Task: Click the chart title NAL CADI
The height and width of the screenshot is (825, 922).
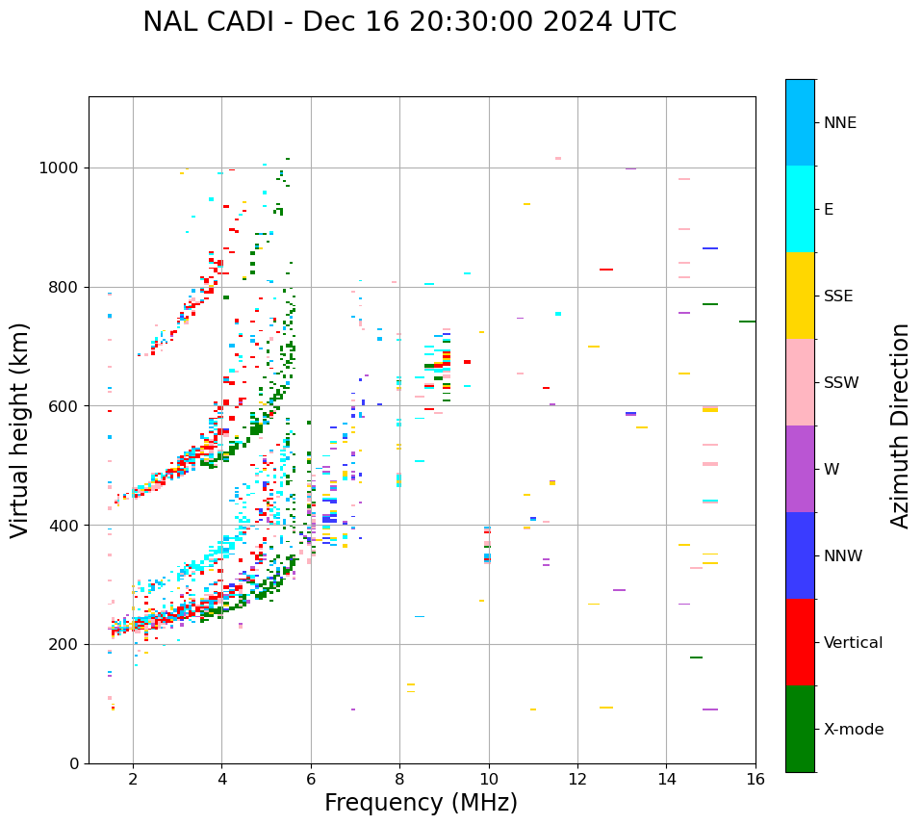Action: (x=409, y=22)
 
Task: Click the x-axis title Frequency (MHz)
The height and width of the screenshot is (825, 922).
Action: (x=421, y=803)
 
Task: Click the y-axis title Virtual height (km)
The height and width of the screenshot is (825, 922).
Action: (x=20, y=429)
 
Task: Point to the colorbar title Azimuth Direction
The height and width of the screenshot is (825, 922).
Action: (x=900, y=425)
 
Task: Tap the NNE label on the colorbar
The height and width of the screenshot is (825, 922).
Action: (x=840, y=123)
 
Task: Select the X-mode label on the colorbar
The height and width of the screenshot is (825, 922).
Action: (x=854, y=730)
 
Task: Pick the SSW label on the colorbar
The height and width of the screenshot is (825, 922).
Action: (x=841, y=383)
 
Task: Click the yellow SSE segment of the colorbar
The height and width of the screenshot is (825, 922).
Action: (x=800, y=296)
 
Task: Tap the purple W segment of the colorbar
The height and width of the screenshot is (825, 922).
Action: (x=800, y=469)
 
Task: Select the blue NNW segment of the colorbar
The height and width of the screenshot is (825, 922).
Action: (x=800, y=555)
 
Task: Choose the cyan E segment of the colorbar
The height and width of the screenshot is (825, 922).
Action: (x=800, y=209)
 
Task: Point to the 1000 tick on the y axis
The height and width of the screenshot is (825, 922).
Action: (x=59, y=168)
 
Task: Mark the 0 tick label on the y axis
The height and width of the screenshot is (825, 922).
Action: (x=74, y=763)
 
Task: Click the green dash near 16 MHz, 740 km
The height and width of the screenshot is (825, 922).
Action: (x=747, y=322)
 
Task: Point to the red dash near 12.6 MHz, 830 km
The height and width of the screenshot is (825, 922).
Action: (x=606, y=270)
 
